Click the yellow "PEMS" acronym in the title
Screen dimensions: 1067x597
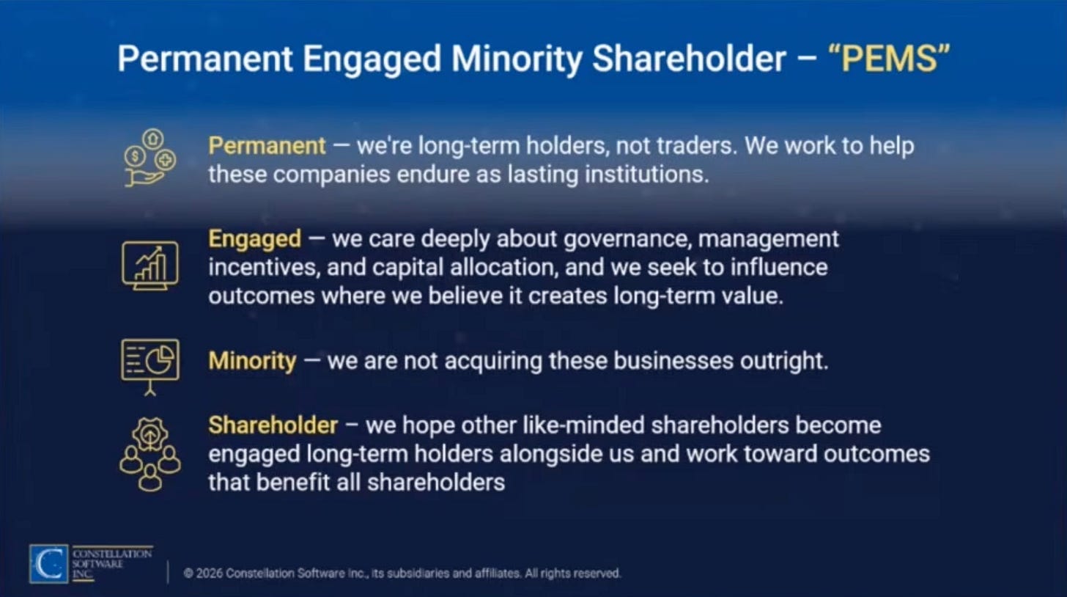[x=889, y=59]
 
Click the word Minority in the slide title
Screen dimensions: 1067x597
[x=516, y=60]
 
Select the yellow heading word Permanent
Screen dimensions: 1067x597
[x=267, y=145]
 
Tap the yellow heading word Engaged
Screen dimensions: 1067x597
[x=255, y=240]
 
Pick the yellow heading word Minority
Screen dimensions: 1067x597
[x=252, y=361]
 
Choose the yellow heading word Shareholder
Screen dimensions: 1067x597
[x=273, y=425]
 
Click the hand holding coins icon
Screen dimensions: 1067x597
[x=150, y=158]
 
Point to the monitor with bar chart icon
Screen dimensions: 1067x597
[x=150, y=265]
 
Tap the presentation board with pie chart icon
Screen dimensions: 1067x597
[x=150, y=367]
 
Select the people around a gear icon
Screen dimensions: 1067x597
[x=150, y=454]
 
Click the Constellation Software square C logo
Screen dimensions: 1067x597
[x=48, y=564]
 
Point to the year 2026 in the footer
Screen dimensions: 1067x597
[x=209, y=573]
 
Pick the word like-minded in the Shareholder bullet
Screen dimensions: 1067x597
[x=583, y=425]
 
